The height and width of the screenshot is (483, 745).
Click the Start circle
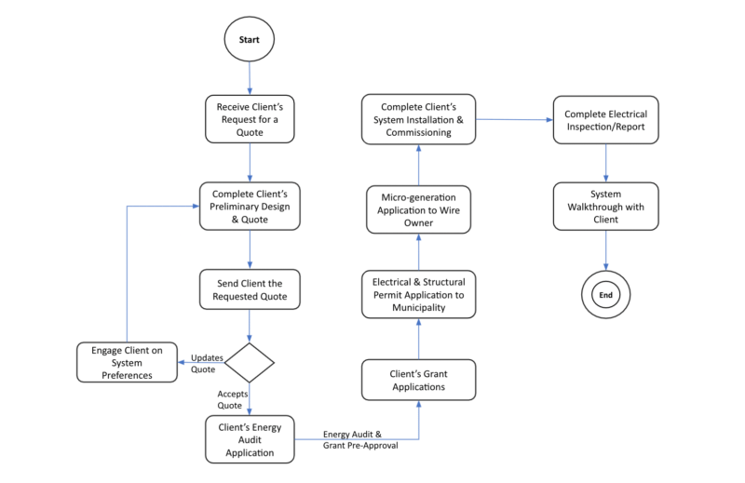click(249, 40)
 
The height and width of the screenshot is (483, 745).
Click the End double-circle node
click(606, 295)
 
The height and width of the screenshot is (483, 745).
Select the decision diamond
click(249, 361)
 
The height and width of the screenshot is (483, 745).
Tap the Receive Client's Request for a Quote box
click(249, 117)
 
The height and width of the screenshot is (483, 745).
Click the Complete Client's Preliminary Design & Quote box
click(249, 206)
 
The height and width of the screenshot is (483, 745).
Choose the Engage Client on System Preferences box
click(127, 362)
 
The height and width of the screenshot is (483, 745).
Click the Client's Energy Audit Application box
click(249, 439)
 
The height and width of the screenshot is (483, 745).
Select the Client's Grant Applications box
click(417, 380)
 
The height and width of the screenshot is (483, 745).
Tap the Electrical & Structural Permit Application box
click(417, 293)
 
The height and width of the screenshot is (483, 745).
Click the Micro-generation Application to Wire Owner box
click(417, 208)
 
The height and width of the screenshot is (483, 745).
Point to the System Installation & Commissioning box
click(417, 118)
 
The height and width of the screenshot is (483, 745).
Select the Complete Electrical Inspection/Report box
click(606, 120)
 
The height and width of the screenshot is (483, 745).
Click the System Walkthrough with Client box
click(606, 206)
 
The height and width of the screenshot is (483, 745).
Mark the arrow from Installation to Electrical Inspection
click(514, 119)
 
